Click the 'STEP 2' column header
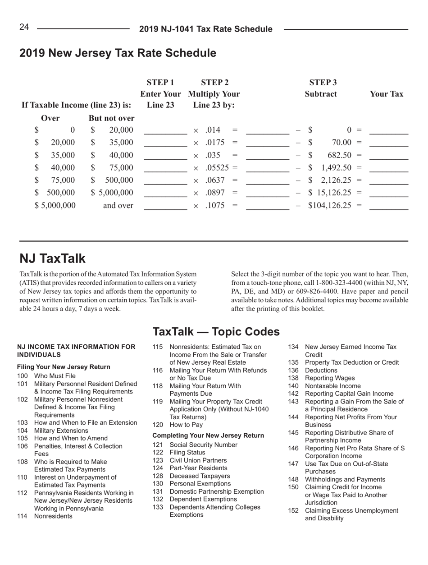(214, 82)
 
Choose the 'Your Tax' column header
(386, 94)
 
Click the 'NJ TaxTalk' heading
(52, 259)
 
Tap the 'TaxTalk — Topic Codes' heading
(216, 332)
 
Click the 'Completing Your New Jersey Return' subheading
(208, 435)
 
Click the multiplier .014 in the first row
(212, 130)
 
